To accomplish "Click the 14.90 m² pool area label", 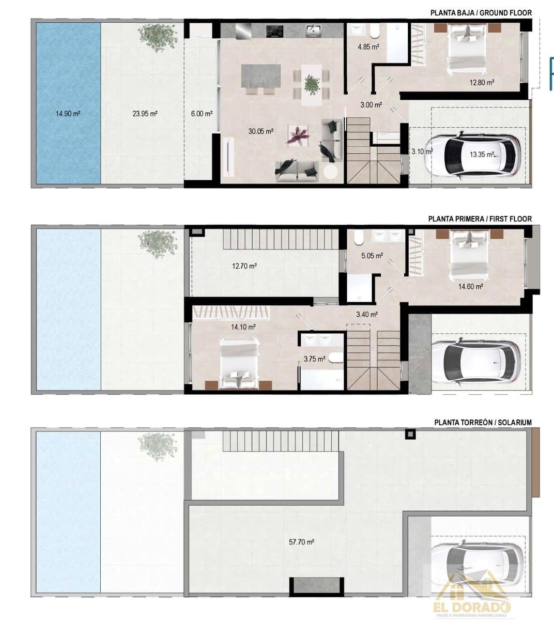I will (x=68, y=114).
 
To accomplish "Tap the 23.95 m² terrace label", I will (x=145, y=114).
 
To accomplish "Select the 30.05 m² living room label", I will (x=260, y=131).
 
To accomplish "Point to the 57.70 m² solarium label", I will (x=302, y=542).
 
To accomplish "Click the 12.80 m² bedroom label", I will (x=482, y=82).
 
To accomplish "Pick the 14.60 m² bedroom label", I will (x=470, y=286).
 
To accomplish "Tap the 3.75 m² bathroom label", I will (x=314, y=359).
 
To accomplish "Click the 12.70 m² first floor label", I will (x=244, y=266).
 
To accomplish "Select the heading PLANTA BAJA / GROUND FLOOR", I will (x=481, y=13).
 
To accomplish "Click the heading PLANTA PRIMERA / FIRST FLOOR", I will (x=480, y=219).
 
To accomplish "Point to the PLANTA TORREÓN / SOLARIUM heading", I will (x=483, y=422).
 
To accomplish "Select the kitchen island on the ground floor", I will (x=261, y=75).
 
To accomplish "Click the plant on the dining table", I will (x=312, y=84).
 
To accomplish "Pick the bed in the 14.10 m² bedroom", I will (x=239, y=362).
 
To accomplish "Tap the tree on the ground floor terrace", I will (x=157, y=37).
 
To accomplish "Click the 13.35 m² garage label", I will (x=482, y=154).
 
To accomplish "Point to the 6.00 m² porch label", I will (x=202, y=114).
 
